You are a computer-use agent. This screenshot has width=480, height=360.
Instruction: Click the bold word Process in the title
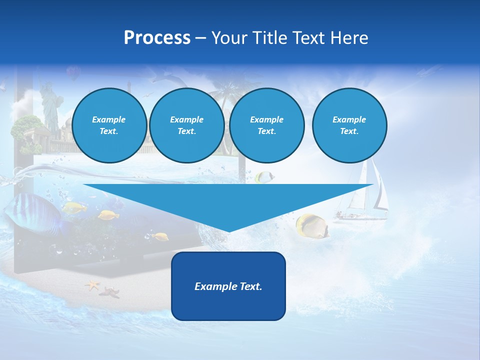(157, 38)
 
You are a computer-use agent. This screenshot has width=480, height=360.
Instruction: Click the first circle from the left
(109, 125)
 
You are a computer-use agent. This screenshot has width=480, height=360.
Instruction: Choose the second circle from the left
(186, 125)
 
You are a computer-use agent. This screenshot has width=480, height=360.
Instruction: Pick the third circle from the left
(266, 125)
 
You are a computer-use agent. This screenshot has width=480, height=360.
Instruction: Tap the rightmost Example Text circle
(349, 125)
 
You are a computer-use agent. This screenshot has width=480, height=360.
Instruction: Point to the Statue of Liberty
(50, 107)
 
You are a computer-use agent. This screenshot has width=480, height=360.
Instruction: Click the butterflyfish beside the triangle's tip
(312, 225)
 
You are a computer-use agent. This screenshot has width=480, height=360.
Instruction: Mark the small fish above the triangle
(263, 176)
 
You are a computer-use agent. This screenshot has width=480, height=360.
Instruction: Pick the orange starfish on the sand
(92, 285)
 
